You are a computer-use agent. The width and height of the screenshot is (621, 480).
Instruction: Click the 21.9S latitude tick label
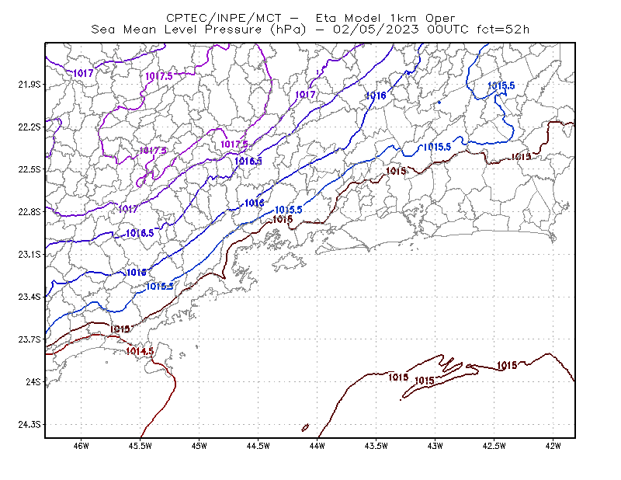click(29, 85)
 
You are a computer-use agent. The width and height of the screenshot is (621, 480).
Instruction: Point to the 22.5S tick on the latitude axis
click(29, 169)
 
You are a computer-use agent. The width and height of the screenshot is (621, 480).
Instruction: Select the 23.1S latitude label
click(29, 255)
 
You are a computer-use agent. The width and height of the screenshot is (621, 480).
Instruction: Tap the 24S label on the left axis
click(33, 382)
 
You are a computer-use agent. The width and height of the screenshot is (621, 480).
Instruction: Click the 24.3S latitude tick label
click(29, 425)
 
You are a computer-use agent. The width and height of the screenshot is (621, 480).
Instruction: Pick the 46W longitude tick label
click(82, 446)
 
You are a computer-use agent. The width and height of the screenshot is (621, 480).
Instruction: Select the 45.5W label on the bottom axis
click(141, 446)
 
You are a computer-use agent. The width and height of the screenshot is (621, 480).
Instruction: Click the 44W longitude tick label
click(317, 446)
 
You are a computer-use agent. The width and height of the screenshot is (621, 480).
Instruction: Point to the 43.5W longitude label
click(376, 446)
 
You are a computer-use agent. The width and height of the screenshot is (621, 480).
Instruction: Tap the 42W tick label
click(553, 446)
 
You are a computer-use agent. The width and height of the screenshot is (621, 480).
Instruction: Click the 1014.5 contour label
click(140, 351)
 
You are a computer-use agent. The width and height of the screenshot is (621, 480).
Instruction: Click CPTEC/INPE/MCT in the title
click(224, 18)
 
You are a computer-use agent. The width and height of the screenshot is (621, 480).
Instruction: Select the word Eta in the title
click(326, 18)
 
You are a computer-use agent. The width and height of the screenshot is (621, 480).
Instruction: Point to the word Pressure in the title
click(234, 30)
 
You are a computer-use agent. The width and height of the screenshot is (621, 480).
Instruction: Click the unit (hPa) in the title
click(288, 30)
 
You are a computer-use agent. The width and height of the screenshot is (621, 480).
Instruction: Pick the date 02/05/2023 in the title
click(376, 30)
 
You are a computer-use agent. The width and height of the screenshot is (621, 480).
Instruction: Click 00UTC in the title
click(448, 30)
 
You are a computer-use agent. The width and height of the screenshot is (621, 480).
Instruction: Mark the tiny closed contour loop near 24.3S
click(305, 428)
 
